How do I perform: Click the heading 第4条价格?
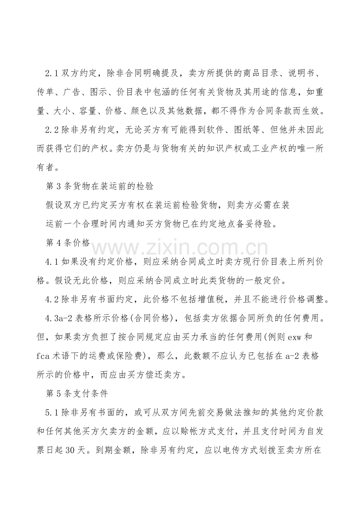(68, 242)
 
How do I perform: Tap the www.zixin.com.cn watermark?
(180, 247)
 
